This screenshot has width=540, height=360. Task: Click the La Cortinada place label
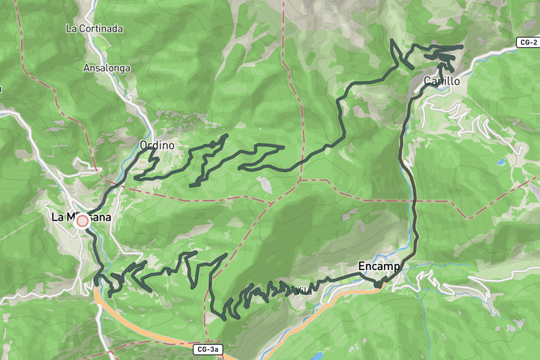click(x=94, y=28)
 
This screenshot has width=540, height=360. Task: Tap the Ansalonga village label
click(x=107, y=67)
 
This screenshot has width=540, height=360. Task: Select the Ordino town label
click(x=157, y=145)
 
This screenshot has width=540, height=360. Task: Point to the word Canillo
click(x=441, y=80)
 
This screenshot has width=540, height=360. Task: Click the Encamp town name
click(x=379, y=266)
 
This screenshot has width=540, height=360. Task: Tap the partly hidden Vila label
click(x=300, y=289)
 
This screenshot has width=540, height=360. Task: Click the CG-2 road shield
click(x=528, y=43)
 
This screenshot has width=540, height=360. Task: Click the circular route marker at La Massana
click(x=82, y=221)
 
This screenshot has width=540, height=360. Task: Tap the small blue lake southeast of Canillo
click(x=499, y=161)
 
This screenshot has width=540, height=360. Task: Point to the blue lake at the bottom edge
click(x=318, y=355)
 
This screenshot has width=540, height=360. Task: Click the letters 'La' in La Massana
click(x=58, y=217)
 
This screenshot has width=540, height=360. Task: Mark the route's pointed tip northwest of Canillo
click(x=392, y=40)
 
